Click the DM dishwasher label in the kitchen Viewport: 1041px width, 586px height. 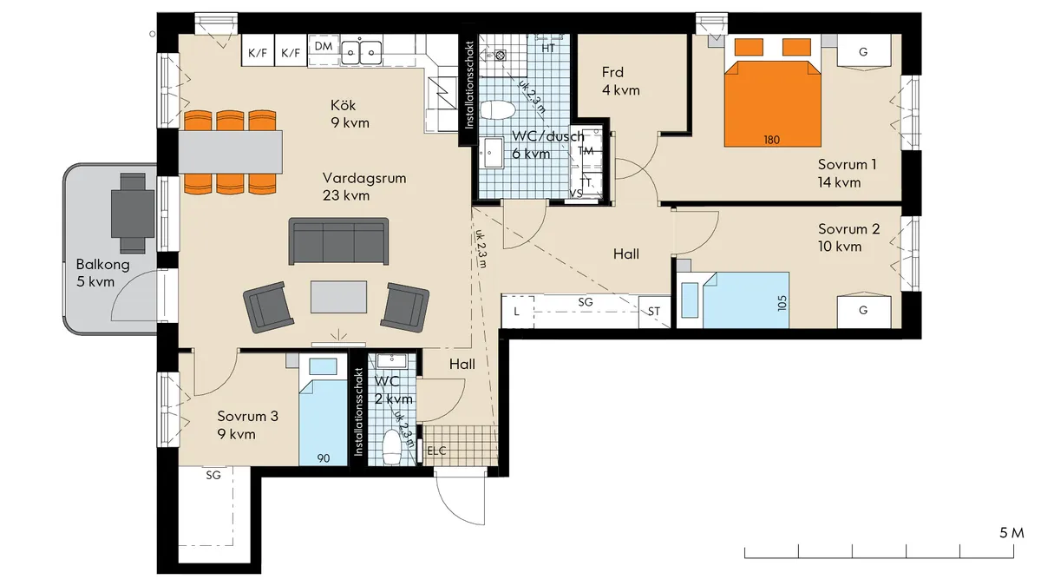pyautogui.click(x=324, y=46)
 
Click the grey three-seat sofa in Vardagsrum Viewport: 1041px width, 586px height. pyautogui.click(x=339, y=241)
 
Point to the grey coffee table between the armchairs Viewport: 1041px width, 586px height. pyautogui.click(x=339, y=297)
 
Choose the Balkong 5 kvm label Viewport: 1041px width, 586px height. pyautogui.click(x=102, y=273)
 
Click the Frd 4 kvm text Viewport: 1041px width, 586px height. pyautogui.click(x=621, y=81)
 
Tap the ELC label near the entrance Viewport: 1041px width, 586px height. pyautogui.click(x=436, y=451)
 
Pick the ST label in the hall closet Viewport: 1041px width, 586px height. pyautogui.click(x=654, y=312)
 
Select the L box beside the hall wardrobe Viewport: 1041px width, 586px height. pyautogui.click(x=517, y=311)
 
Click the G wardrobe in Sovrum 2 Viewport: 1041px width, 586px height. pyautogui.click(x=864, y=310)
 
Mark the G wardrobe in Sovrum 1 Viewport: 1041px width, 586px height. pyautogui.click(x=864, y=52)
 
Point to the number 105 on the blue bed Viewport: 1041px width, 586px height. pyautogui.click(x=782, y=303)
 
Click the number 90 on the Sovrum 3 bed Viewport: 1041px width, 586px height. pyautogui.click(x=324, y=458)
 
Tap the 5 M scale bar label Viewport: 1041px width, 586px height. pyautogui.click(x=1012, y=532)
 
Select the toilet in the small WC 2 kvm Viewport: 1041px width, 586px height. pyautogui.click(x=391, y=447)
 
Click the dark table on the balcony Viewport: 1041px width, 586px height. pyautogui.click(x=133, y=212)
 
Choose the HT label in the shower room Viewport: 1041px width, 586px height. pyautogui.click(x=548, y=48)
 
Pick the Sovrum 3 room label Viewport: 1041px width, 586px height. pyautogui.click(x=248, y=416)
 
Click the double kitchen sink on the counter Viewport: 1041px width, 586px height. pyautogui.click(x=362, y=51)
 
